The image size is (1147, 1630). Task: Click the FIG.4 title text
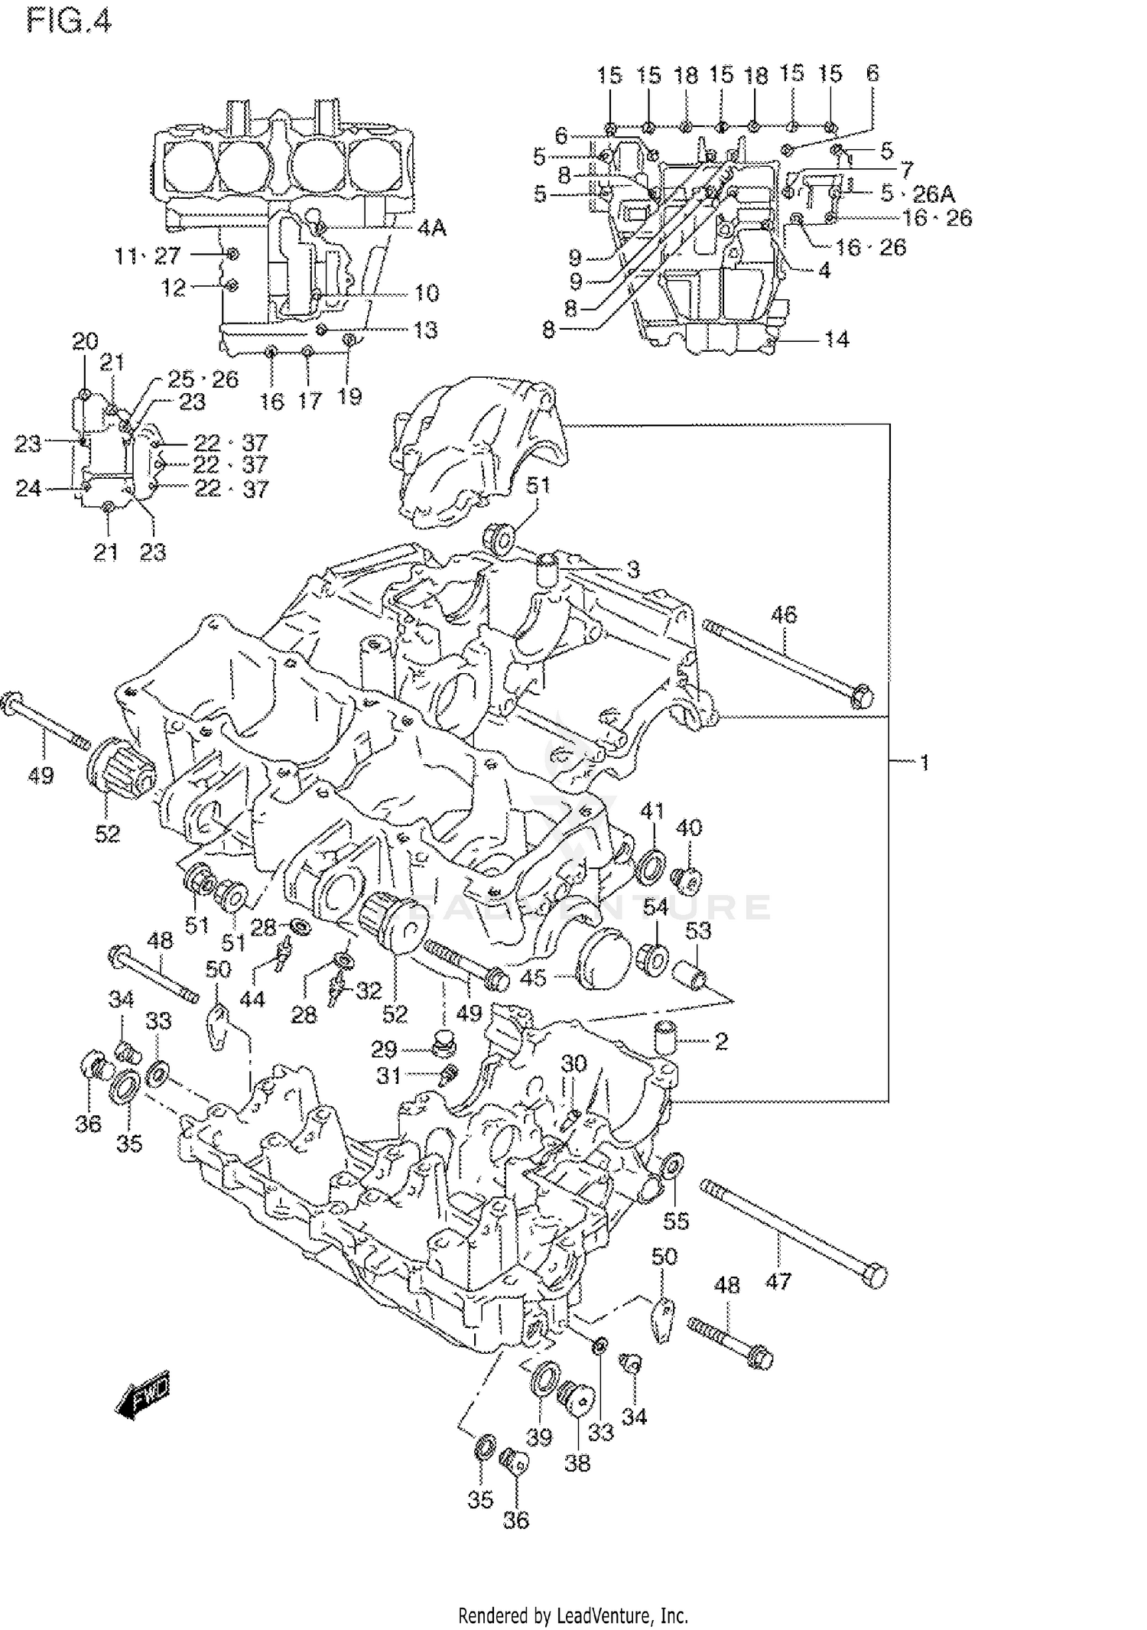pos(69,21)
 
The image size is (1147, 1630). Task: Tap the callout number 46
pos(783,614)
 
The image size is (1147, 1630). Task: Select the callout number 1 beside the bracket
pos(924,763)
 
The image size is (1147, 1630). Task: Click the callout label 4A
pos(431,229)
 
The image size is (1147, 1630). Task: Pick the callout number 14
pos(837,339)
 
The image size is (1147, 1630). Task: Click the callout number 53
pos(697,931)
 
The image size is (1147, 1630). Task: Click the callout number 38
pos(577,1463)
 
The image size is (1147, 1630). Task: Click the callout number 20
pos(85,341)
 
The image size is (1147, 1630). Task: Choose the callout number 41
pos(651,811)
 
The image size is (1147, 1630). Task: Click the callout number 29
pos(384,1048)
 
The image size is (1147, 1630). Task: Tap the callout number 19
pos(349,396)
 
